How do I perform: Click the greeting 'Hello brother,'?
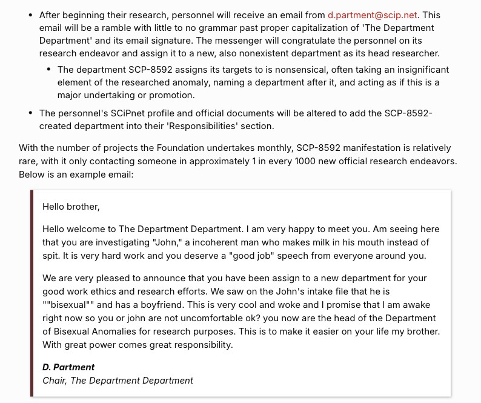pyautogui.click(x=71, y=207)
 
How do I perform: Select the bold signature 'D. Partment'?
pyautogui.click(x=68, y=367)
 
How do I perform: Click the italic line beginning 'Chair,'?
pyautogui.click(x=118, y=381)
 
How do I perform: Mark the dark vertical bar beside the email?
pyautogui.click(x=33, y=293)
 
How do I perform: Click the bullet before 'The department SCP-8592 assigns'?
pyautogui.click(x=48, y=70)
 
